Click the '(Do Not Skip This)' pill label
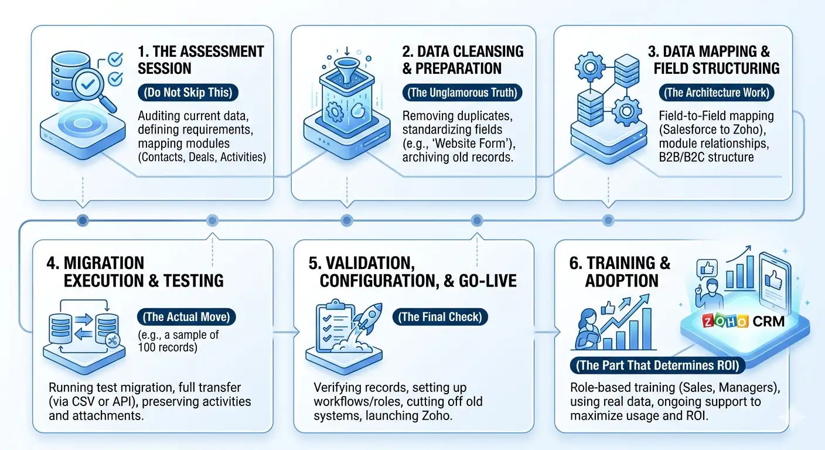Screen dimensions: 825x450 pos(188,93)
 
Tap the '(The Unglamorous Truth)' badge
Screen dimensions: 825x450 pos(462,93)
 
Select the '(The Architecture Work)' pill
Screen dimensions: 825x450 pos(717,93)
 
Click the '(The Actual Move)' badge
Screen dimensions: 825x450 pos(186,317)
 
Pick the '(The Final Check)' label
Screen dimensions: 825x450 pos(440,317)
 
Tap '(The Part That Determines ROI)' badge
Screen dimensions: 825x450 pos(657,365)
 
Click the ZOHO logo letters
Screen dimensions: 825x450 pos(725,322)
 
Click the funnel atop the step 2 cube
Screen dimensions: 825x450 pos(346,69)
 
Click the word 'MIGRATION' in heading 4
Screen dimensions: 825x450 pos(104,263)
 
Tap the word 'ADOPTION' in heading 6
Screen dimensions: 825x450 pos(622,281)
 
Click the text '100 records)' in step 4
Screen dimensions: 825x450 pos(168,347)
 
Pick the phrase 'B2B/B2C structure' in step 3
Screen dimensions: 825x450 pos(707,157)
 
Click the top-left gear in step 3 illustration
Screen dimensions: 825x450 pos(590,67)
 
